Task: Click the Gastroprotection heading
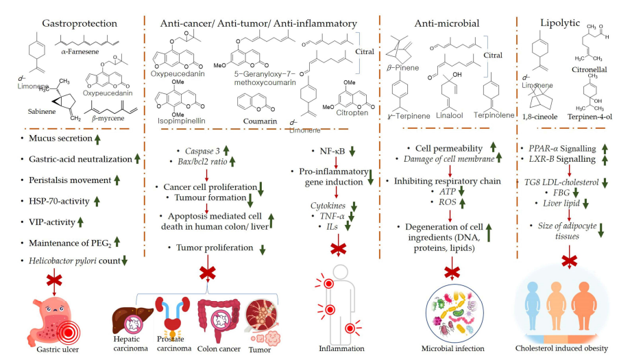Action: (80, 23)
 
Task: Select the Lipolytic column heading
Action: (560, 23)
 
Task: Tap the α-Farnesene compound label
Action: (80, 51)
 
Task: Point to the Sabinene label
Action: (42, 111)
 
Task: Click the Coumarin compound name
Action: (260, 121)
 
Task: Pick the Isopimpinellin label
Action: (181, 121)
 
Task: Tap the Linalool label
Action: (450, 115)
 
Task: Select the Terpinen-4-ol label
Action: (590, 117)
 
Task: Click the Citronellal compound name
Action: (590, 69)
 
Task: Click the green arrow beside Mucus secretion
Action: (97, 140)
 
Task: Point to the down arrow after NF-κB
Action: (352, 152)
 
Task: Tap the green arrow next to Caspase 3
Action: (226, 150)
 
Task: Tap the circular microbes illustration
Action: (454, 313)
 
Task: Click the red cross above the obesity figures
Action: (569, 261)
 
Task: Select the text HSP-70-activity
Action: (59, 202)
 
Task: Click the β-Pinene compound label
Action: (402, 68)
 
